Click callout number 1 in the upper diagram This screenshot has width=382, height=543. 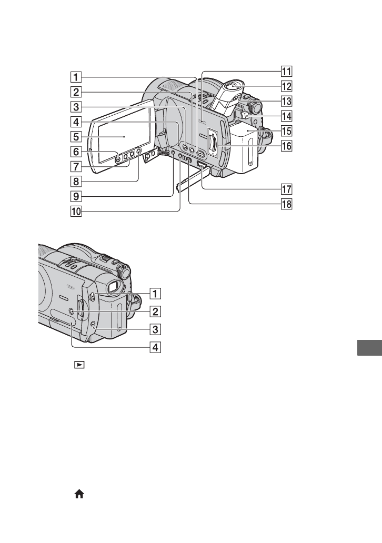76,76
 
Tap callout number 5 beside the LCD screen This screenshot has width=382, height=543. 76,136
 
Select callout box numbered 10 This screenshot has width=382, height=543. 76,211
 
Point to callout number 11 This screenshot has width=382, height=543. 286,72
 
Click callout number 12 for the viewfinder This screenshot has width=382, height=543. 286,86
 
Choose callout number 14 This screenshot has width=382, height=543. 286,116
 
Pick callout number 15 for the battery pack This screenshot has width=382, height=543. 286,131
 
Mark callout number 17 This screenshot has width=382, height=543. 286,189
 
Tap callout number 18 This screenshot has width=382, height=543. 286,204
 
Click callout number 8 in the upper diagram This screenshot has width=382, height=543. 76,181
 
